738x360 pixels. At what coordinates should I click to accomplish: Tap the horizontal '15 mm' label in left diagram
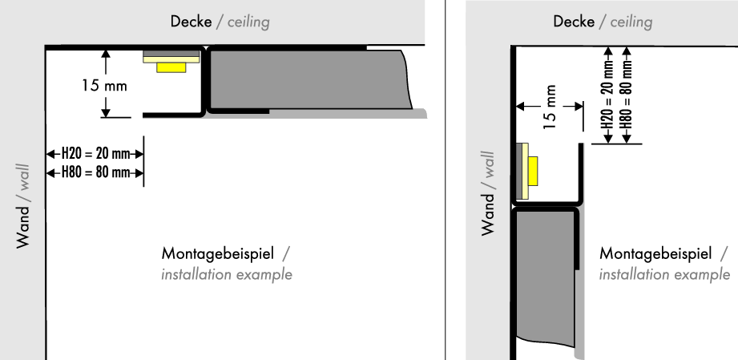coord(104,86)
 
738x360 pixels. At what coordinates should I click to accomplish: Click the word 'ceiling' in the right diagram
coord(631,22)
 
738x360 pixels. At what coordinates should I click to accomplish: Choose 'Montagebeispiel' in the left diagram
coord(218,254)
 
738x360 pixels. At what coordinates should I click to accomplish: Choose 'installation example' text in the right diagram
coord(664,274)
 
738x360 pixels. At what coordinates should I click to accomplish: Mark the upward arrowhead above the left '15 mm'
coord(105,55)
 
